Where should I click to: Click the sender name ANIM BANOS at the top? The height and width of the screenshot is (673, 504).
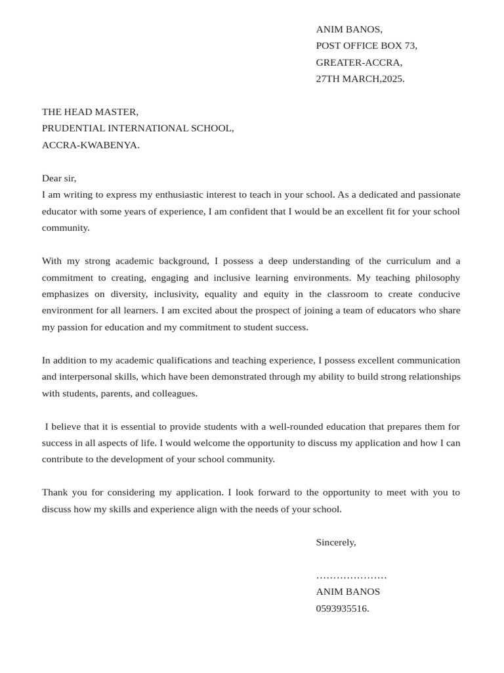pos(348,30)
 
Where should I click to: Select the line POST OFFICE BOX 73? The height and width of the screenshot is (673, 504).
pos(366,46)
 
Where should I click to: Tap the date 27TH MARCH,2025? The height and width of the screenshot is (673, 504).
pos(360,79)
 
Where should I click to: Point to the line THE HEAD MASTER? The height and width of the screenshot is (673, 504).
pos(90,112)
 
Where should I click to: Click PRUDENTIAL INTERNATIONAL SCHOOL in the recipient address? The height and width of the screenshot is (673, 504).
pos(138,128)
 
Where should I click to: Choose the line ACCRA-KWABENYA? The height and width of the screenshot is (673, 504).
pos(91,145)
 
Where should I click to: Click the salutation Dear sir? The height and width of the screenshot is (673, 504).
pos(59,178)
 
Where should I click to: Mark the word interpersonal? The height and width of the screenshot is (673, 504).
pos(89,377)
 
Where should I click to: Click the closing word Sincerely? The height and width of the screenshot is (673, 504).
pos(336,542)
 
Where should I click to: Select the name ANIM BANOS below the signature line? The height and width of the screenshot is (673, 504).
pos(348,592)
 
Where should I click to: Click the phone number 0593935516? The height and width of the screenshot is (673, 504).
pos(343,609)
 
